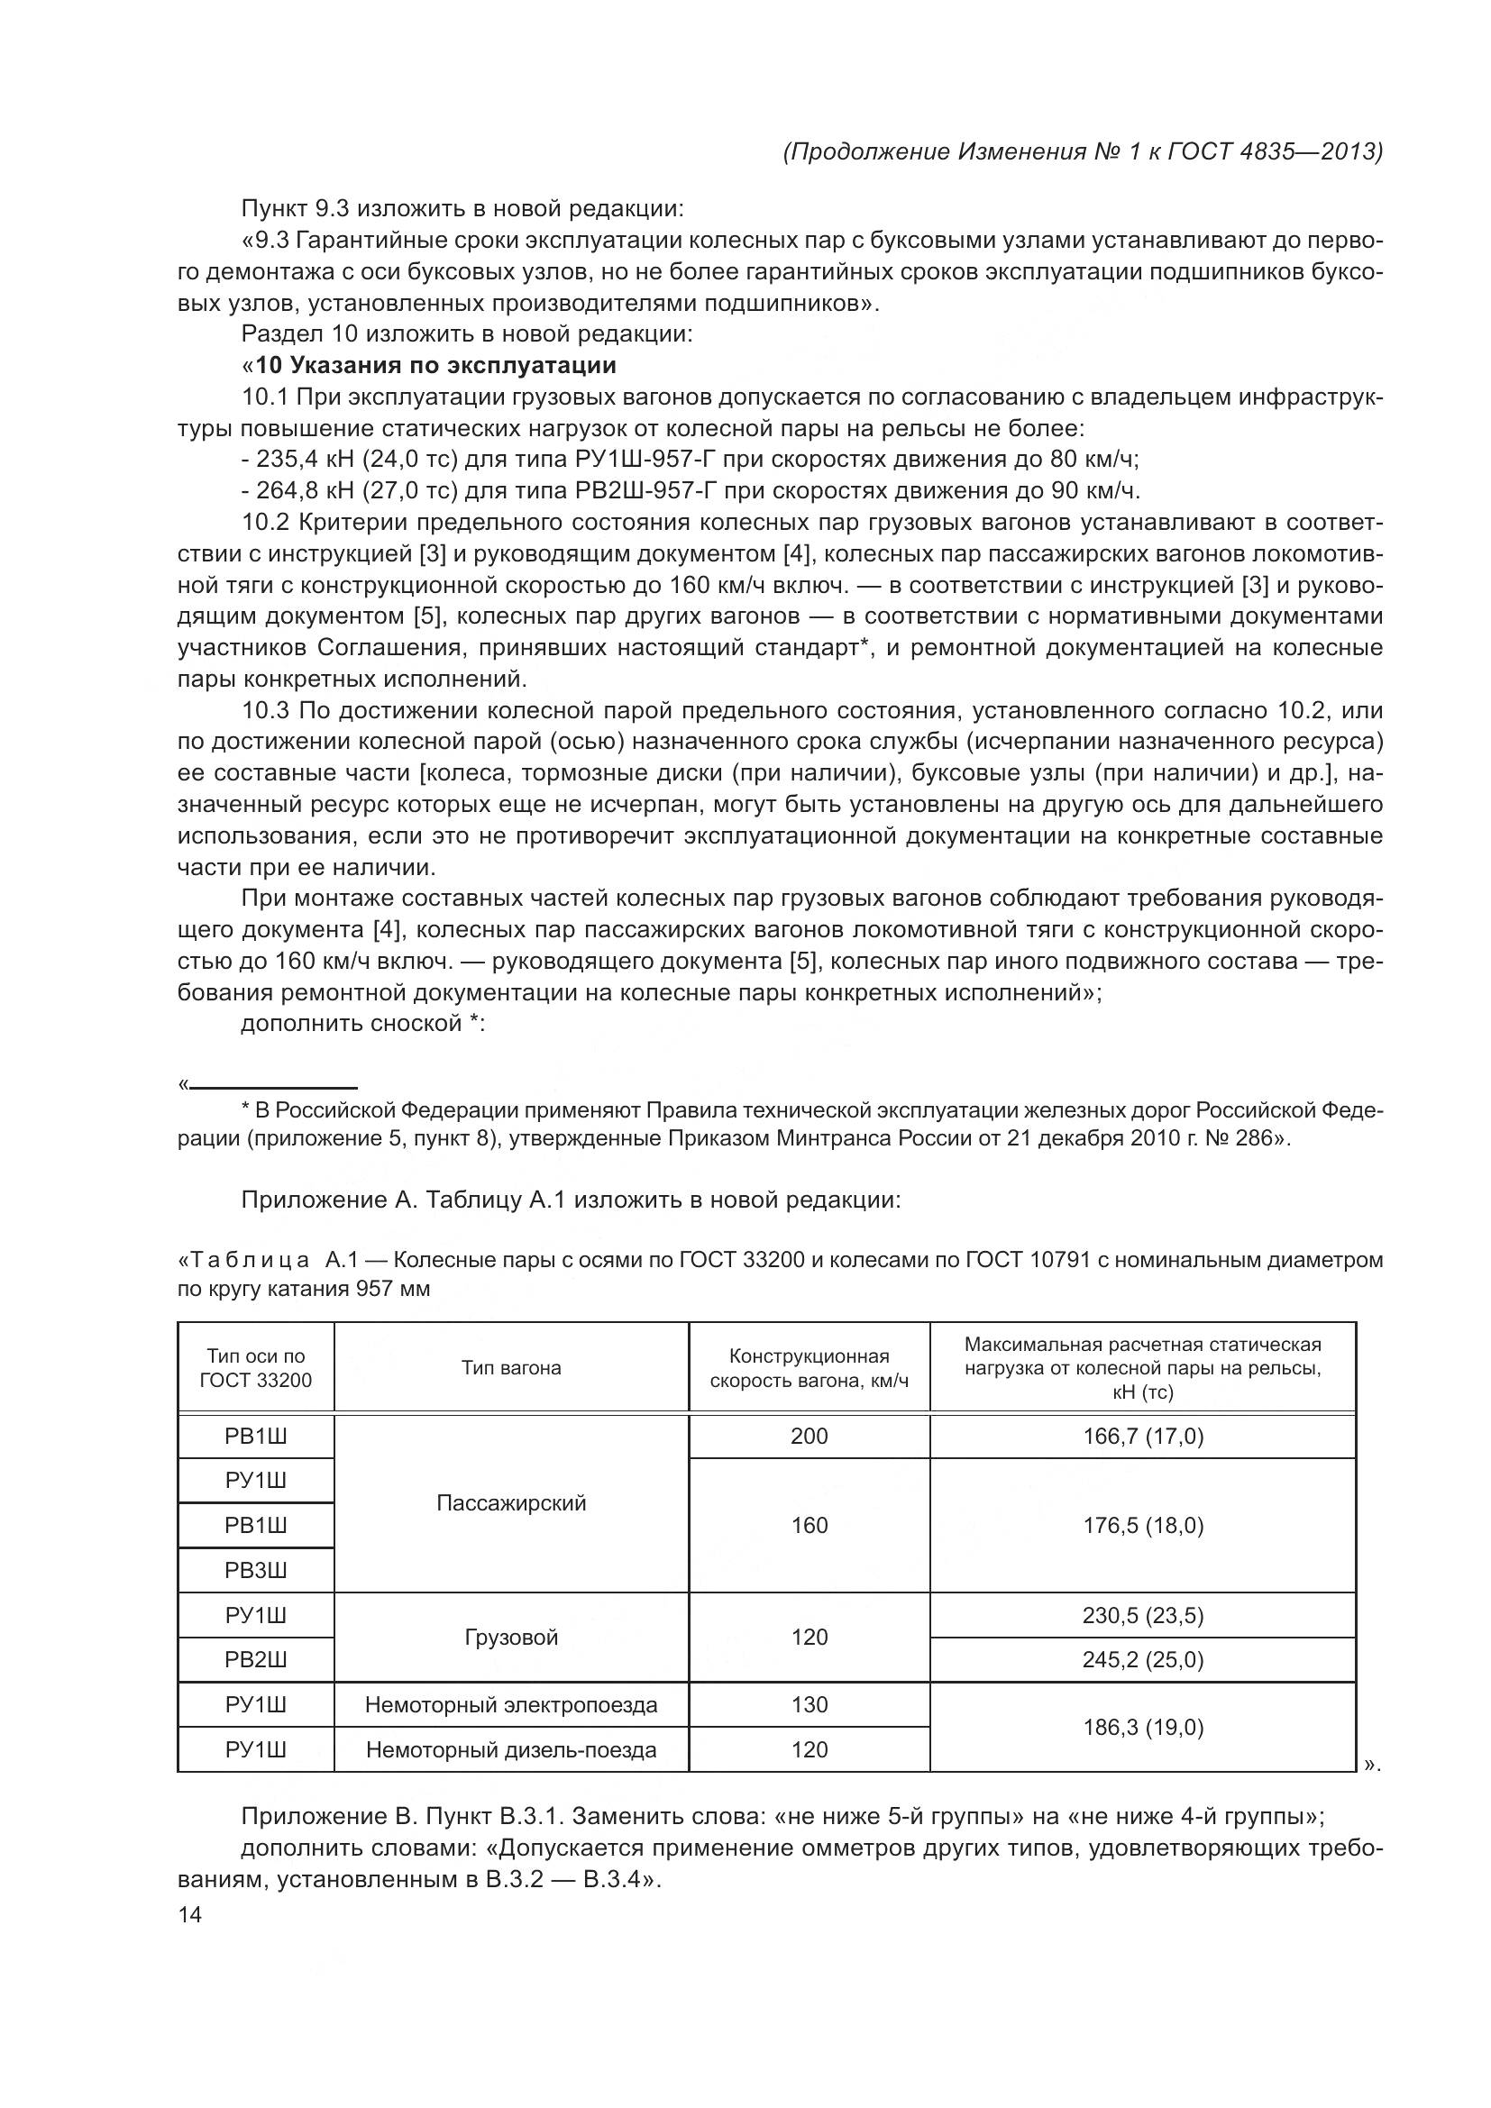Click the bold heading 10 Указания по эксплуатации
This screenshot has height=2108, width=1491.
coord(435,365)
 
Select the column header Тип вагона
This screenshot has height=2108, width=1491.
coord(511,1368)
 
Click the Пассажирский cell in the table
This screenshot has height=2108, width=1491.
coord(511,1503)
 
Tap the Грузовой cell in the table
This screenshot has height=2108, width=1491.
coord(511,1637)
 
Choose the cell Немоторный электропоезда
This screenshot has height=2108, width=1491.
coord(511,1705)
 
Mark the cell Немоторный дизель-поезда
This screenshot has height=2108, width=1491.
coord(511,1750)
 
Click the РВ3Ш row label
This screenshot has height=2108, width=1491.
coord(256,1570)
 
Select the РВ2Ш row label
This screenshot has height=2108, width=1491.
coord(256,1660)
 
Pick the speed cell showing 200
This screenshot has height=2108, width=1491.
coord(809,1436)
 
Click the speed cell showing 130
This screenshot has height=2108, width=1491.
coord(809,1705)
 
